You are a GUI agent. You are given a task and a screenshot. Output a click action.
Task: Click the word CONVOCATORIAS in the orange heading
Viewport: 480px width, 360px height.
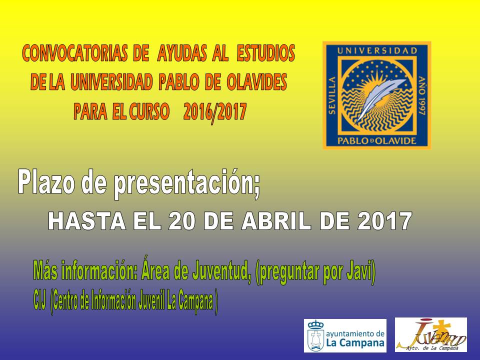(x=75, y=53)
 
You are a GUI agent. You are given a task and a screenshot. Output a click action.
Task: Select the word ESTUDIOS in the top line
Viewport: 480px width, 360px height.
(x=266, y=53)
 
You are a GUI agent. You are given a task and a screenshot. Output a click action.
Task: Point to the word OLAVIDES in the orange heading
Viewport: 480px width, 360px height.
(x=257, y=81)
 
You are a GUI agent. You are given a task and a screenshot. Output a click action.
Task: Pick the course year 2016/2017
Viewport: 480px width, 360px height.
(x=215, y=111)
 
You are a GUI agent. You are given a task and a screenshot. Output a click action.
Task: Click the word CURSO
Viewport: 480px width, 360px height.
(x=149, y=111)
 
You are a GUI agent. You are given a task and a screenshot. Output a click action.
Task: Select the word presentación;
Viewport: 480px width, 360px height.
(x=187, y=184)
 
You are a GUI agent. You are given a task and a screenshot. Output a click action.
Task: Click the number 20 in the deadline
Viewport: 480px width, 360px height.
(x=181, y=221)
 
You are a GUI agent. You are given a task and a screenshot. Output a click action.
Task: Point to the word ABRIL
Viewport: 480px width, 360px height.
(x=276, y=221)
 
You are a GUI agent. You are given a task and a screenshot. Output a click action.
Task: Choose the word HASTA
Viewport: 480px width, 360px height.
(x=87, y=221)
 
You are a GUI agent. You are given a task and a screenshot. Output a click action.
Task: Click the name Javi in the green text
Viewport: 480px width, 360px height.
(x=361, y=271)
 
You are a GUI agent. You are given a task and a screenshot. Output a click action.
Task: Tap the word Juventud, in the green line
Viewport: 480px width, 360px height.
(x=220, y=271)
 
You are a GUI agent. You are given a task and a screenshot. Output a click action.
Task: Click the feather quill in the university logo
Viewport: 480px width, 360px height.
(x=379, y=98)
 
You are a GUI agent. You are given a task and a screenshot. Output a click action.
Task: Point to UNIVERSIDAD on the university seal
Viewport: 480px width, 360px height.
(x=377, y=50)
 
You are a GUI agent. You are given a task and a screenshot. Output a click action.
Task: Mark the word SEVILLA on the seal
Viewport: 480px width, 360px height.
(x=332, y=95)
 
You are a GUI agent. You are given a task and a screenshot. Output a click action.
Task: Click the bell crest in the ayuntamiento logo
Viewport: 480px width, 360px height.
(x=315, y=335)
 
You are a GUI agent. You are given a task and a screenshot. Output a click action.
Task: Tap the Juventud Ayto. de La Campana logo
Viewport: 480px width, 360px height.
(x=430, y=334)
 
